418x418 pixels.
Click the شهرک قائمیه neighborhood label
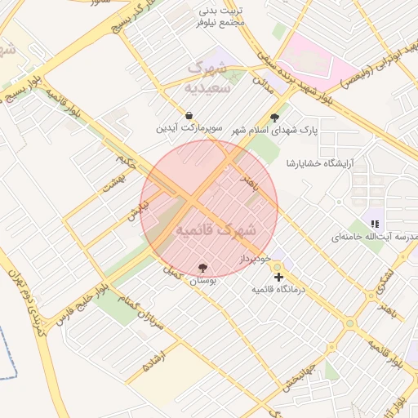[216, 230]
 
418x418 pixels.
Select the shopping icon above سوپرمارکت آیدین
[189, 116]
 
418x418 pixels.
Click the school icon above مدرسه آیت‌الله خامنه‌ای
[376, 224]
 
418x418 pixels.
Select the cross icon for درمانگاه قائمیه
[279, 278]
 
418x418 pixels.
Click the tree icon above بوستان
[203, 267]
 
